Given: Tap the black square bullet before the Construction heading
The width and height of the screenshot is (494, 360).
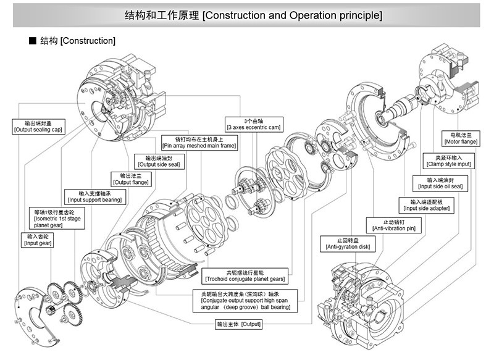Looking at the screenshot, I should coord(33,41).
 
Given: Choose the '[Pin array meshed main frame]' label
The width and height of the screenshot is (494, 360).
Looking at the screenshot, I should coord(199,143).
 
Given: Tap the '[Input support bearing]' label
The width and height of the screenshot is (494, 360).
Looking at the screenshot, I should coord(96,196).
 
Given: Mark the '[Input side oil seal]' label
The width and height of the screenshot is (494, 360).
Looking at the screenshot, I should coord(440,183).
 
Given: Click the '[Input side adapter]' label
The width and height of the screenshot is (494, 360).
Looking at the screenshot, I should coord(426,205).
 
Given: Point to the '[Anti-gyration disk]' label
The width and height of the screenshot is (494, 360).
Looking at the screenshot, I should coord(345,243).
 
